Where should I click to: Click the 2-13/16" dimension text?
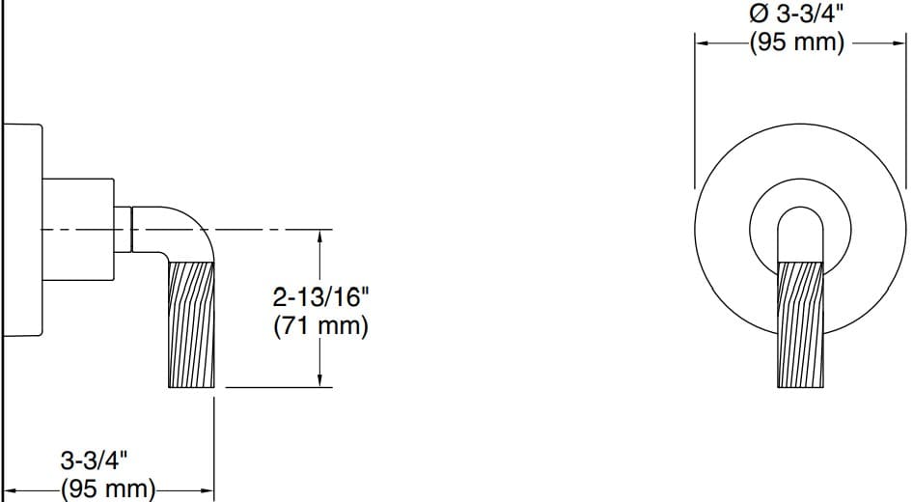[319, 297]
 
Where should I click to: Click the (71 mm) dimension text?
[320, 326]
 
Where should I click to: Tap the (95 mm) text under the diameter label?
[797, 42]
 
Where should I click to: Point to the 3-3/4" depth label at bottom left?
[94, 456]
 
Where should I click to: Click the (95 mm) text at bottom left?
[108, 488]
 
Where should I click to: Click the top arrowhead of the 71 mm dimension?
[319, 235]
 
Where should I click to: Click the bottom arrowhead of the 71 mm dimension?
[319, 382]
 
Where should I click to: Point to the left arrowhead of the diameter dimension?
[701, 42]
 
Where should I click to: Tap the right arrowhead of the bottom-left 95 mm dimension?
[207, 489]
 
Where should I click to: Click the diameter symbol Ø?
[759, 14]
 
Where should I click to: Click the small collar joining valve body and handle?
[124, 228]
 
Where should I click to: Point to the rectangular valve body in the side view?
[79, 228]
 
